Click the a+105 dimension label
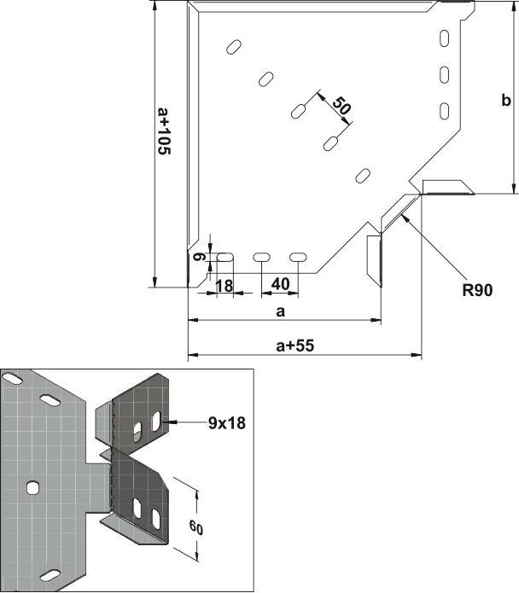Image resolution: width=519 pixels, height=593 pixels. click(165, 131)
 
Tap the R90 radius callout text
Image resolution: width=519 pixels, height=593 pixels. click(477, 290)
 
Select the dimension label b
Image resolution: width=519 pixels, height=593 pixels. click(505, 100)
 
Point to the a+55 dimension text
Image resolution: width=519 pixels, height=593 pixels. click(295, 346)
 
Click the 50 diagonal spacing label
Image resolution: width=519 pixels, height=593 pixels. click(341, 106)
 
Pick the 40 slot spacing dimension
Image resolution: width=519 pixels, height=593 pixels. click(280, 284)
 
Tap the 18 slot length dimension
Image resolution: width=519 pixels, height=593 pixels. click(224, 286)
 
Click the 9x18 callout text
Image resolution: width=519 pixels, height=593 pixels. click(226, 423)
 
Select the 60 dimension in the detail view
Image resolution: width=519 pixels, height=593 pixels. click(196, 527)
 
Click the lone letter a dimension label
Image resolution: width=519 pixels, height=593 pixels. click(280, 311)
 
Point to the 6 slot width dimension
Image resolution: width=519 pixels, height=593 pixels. click(199, 257)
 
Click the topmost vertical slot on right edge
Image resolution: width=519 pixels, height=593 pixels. click(445, 38)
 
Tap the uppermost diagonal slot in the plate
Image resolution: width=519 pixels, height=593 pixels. click(234, 47)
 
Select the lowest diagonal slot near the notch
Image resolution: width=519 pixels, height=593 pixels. click(363, 176)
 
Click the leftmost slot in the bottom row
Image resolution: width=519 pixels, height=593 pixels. click(225, 257)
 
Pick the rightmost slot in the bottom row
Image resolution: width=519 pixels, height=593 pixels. click(298, 257)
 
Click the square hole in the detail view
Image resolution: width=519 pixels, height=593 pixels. click(33, 487)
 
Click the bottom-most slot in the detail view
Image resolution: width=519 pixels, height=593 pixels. click(50, 575)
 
